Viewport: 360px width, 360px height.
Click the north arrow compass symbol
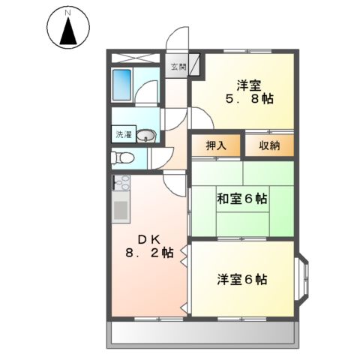[x=68, y=31]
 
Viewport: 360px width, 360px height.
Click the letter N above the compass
[x=68, y=12]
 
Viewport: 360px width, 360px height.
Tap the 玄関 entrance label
[x=178, y=67]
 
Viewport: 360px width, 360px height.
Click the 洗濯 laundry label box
[x=122, y=136]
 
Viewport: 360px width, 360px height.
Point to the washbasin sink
[x=146, y=136]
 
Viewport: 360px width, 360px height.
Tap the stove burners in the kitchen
[x=121, y=182]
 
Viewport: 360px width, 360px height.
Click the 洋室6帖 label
[x=242, y=280]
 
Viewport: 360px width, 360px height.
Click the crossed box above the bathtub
[x=136, y=58]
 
